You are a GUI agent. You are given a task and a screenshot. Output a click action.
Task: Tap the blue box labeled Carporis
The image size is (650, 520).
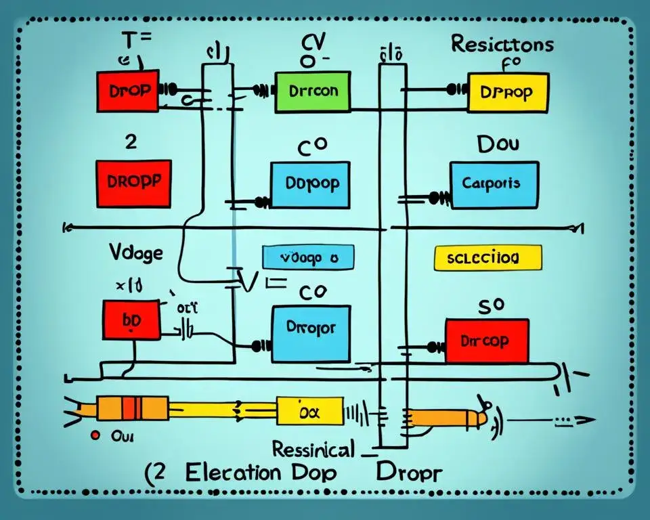coord(495,183)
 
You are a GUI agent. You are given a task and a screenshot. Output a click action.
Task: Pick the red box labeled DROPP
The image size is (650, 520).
coord(133,183)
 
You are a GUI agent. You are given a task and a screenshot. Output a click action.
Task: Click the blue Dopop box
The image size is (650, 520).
coord(310,185)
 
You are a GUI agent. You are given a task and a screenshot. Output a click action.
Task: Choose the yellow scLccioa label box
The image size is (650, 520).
coord(487,259)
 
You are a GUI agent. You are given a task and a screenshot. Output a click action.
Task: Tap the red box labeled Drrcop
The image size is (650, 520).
coord(487,341)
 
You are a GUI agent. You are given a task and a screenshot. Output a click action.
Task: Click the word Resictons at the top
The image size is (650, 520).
coord(501,47)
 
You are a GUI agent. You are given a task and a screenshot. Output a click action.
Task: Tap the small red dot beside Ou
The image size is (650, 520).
coord(95,435)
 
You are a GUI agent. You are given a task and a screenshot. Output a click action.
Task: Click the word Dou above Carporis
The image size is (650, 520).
coord(498,144)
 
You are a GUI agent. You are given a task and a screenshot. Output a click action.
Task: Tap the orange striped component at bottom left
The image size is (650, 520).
coord(132,408)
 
